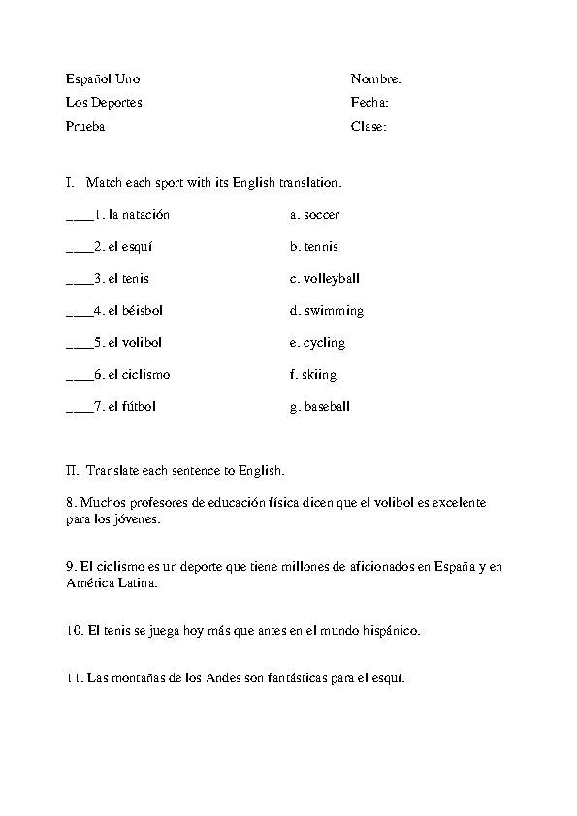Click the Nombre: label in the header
(x=375, y=78)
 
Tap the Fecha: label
(x=369, y=103)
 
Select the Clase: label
(x=369, y=126)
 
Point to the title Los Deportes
(x=104, y=103)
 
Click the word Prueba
(x=85, y=126)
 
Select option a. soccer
(x=314, y=215)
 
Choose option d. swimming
(x=326, y=311)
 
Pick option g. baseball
(x=319, y=407)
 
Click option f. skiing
(x=313, y=375)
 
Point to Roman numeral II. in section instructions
(x=73, y=471)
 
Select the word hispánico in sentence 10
(x=387, y=631)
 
